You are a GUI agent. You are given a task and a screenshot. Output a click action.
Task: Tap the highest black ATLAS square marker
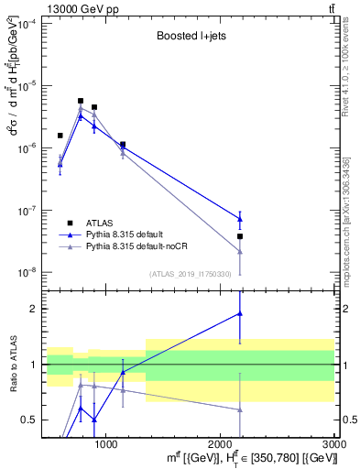click(x=81, y=101)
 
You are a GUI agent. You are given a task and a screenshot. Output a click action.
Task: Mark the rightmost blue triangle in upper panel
click(x=240, y=219)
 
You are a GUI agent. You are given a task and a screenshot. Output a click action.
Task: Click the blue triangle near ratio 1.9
click(x=240, y=313)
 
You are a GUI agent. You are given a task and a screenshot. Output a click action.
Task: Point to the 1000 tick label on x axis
click(x=105, y=444)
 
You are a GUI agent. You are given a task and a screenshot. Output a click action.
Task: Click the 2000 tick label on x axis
click(x=220, y=444)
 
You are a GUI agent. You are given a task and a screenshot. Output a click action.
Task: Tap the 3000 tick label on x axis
click(x=333, y=444)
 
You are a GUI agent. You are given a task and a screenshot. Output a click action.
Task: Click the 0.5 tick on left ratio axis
click(x=30, y=420)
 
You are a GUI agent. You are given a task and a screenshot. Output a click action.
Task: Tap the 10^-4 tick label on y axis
click(x=28, y=24)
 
